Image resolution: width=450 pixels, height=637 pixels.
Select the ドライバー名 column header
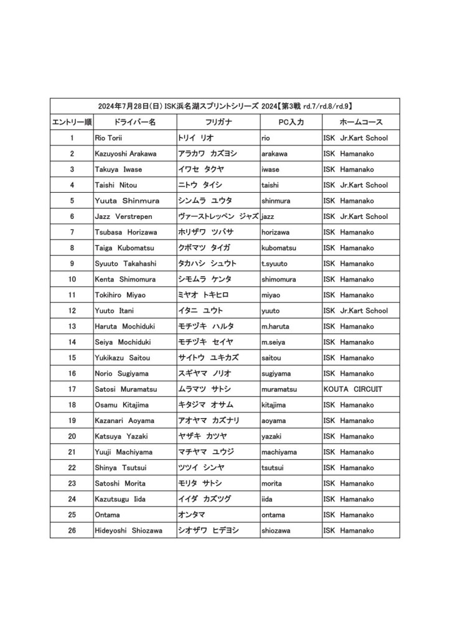[x=134, y=123]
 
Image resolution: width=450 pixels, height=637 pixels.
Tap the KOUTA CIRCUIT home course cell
[x=353, y=389]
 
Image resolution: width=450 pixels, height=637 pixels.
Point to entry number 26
[x=72, y=531]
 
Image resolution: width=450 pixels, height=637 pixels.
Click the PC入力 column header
[x=291, y=123]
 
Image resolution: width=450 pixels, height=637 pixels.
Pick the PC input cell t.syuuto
[x=274, y=264]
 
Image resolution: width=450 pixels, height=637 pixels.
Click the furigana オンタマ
[x=192, y=515]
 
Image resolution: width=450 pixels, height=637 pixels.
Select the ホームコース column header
[x=361, y=123]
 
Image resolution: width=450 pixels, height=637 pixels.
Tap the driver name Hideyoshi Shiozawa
[x=128, y=531]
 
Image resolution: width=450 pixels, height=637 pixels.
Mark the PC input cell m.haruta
[x=275, y=327]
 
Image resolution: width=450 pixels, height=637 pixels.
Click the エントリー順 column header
[x=72, y=123]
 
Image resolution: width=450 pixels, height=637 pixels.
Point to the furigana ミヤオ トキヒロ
[x=204, y=295]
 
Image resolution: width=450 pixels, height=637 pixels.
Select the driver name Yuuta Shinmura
[x=127, y=201]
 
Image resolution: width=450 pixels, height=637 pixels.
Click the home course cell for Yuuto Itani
[x=355, y=310]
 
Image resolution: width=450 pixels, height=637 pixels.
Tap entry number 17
[x=72, y=389]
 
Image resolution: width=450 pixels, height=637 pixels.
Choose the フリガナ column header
[x=218, y=123]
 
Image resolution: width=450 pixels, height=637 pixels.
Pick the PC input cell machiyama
[x=279, y=452]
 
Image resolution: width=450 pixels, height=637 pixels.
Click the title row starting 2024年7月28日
[x=225, y=106]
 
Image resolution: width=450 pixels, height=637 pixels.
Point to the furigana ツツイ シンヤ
[x=201, y=468]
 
